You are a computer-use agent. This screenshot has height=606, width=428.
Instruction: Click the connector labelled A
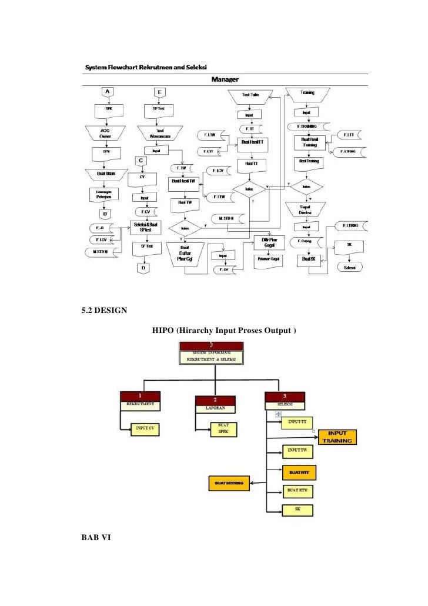point(107,91)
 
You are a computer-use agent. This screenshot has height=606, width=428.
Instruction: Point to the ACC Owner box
point(106,132)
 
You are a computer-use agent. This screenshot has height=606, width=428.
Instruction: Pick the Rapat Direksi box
point(306,209)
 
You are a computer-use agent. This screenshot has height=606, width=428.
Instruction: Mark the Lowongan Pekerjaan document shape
point(106,193)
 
